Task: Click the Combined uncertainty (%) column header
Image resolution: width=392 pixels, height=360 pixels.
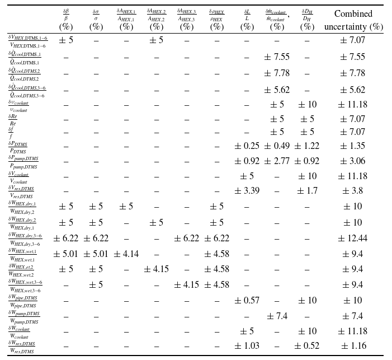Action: pyautogui.click(x=353, y=20)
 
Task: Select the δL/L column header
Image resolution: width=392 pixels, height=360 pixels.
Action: pyautogui.click(x=247, y=20)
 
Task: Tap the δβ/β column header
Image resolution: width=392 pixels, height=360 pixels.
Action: pyautogui.click(x=67, y=20)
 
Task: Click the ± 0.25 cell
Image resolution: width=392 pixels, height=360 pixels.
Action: pyautogui.click(x=247, y=146)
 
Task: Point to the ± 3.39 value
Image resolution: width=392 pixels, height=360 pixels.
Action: pyautogui.click(x=247, y=191)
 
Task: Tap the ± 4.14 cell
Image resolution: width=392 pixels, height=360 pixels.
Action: pyautogui.click(x=126, y=254)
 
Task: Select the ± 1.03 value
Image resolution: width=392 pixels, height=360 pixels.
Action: pyautogui.click(x=247, y=347)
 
